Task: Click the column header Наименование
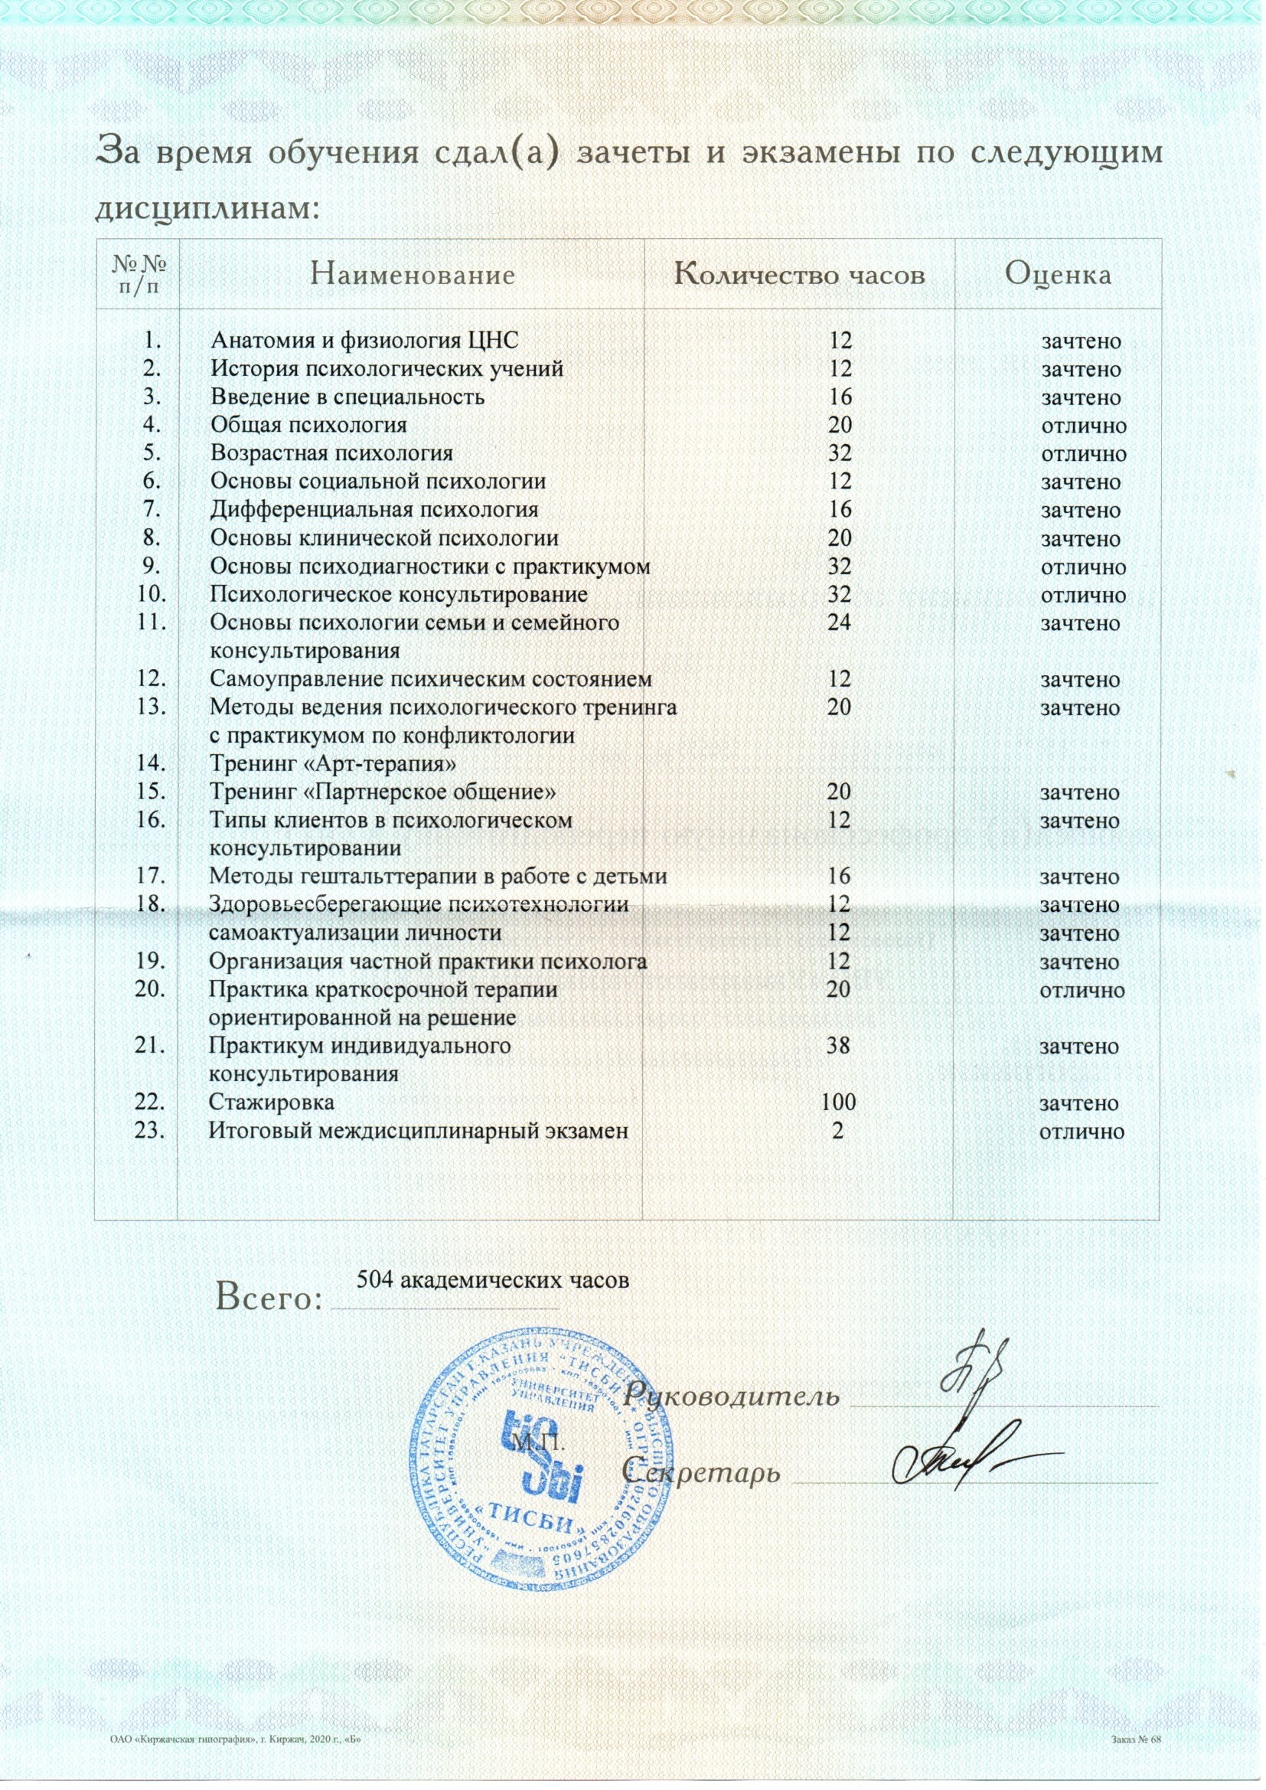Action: [x=413, y=275]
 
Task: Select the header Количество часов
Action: [x=801, y=275]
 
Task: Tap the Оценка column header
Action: [x=1058, y=274]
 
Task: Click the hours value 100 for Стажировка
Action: [x=839, y=1103]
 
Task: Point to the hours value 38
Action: [x=839, y=1047]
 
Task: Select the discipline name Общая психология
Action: [x=308, y=425]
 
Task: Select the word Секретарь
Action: [x=705, y=1474]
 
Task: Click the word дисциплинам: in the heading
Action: [x=207, y=208]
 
